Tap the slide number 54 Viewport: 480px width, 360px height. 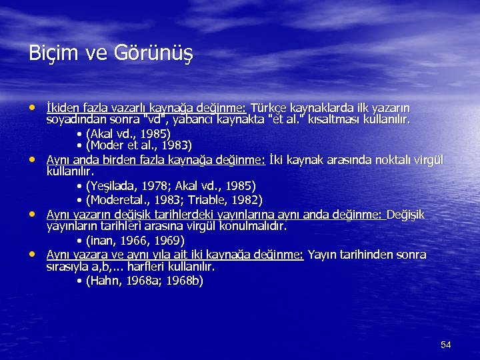click(x=446, y=345)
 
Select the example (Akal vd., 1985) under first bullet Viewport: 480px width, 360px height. click(x=127, y=133)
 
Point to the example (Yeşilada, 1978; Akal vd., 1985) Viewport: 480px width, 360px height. click(x=166, y=186)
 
